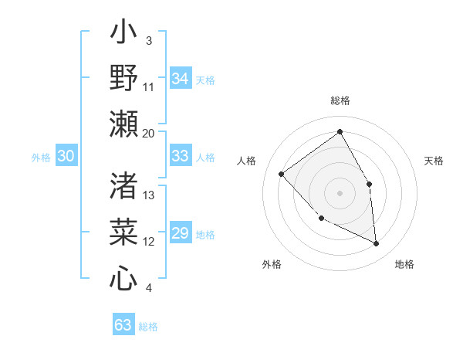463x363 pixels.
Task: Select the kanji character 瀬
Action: point(124,123)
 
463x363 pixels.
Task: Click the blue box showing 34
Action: point(181,79)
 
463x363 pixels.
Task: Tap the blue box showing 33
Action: point(181,157)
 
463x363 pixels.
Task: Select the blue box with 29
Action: point(181,234)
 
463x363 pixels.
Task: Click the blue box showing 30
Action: point(66,157)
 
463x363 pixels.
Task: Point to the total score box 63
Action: point(123,325)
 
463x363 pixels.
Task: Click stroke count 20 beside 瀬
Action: point(148,133)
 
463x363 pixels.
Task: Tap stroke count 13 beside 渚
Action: point(149,195)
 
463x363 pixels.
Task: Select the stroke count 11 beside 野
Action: point(149,87)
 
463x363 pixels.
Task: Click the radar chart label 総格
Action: point(340,101)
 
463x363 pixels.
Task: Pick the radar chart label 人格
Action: point(247,161)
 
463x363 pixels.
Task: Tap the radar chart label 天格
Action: point(434,161)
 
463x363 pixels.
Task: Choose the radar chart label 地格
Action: point(404,264)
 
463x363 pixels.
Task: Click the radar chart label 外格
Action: point(272,264)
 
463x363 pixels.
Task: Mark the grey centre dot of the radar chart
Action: point(340,192)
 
